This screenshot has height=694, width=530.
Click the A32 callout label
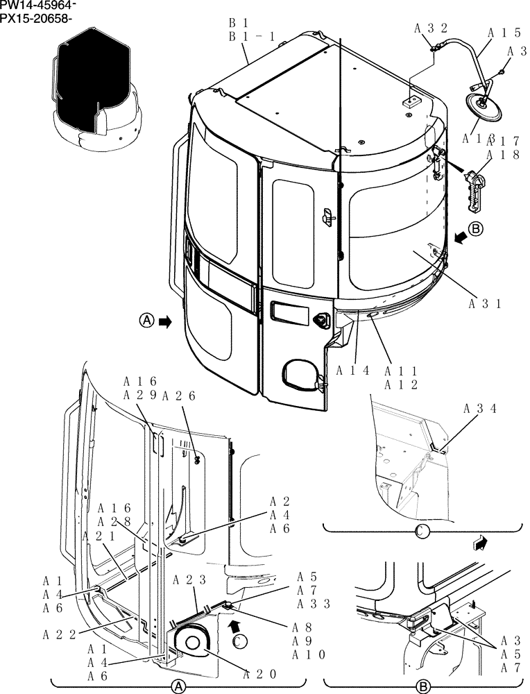pyautogui.click(x=431, y=28)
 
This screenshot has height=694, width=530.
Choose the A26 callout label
pyautogui.click(x=179, y=396)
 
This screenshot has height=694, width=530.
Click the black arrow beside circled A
pyautogui.click(x=165, y=321)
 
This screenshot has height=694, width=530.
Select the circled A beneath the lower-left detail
pyautogui.click(x=178, y=686)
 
